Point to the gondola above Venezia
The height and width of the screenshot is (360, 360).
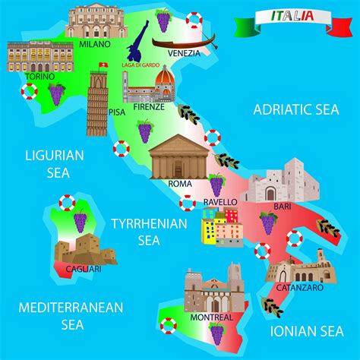tap(183, 40)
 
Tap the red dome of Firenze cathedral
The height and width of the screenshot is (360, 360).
tap(165, 78)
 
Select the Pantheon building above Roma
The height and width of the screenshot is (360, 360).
tap(179, 158)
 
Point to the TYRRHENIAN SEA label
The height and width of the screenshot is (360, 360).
tap(148, 232)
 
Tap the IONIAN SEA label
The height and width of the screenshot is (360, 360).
tap(308, 330)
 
